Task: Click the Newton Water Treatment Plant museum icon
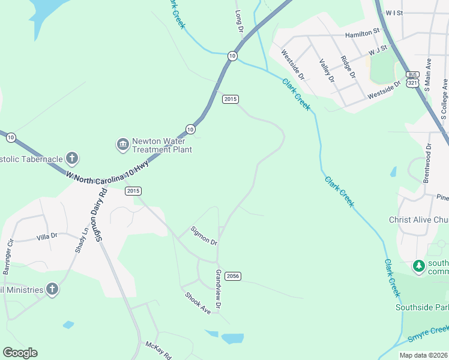coord(122,145)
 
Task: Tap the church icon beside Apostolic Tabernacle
coord(71,158)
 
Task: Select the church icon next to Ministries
coord(52,290)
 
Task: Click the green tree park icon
coord(418,265)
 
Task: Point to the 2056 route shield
coord(234,276)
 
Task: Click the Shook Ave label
coord(197,303)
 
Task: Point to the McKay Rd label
coord(158,350)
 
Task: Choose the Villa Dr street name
coord(46,236)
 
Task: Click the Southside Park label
coord(422,307)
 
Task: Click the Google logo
coord(20,352)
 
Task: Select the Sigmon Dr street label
coord(203,235)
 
